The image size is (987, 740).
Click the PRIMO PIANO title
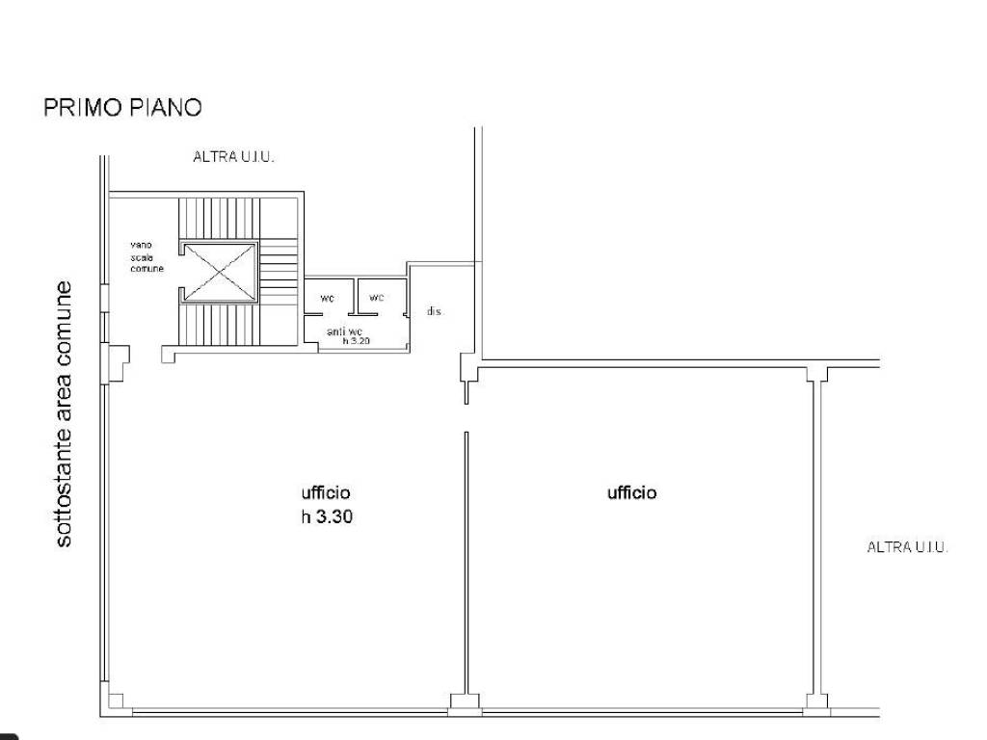coord(122,108)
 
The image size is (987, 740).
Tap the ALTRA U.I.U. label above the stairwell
coord(233,157)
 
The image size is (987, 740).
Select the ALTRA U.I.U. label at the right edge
coord(907,547)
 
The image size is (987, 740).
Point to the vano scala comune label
coord(147,256)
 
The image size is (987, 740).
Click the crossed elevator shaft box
coord(219,273)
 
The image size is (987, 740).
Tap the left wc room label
coord(328,299)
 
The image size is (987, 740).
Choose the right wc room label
coord(377,297)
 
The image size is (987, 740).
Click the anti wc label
coord(344,331)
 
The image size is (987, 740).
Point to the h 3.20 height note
coord(357,341)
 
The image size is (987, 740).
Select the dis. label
coord(435,311)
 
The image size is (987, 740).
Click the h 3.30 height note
coord(327,517)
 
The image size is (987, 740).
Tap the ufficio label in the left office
coord(326,492)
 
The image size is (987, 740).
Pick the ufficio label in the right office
coord(631,492)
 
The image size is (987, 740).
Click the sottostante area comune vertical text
coord(64,414)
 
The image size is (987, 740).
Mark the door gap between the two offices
coord(467,418)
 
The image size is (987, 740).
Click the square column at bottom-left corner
coord(116,701)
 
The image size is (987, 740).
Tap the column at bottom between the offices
coord(466,702)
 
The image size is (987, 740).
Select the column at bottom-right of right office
coord(817,702)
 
